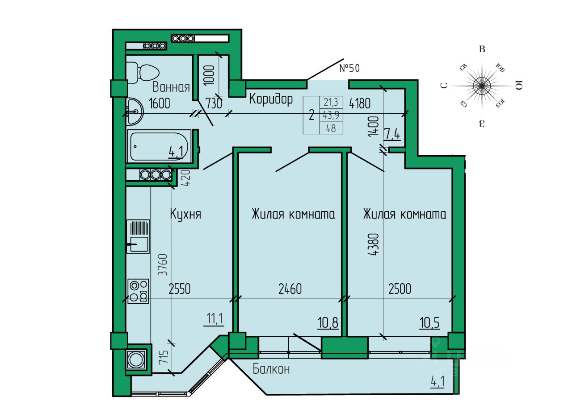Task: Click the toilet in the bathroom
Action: [x=144, y=72]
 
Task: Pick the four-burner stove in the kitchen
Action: [x=138, y=291]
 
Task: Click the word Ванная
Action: [x=171, y=87]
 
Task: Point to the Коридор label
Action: [x=271, y=99]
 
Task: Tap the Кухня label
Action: [x=185, y=215]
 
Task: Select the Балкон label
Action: [x=271, y=369]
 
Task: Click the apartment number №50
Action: [x=349, y=68]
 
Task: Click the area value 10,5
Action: [x=429, y=322]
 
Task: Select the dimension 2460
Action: [x=290, y=289]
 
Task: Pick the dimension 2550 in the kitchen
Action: [x=180, y=289]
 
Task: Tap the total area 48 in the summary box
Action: [x=331, y=128]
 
